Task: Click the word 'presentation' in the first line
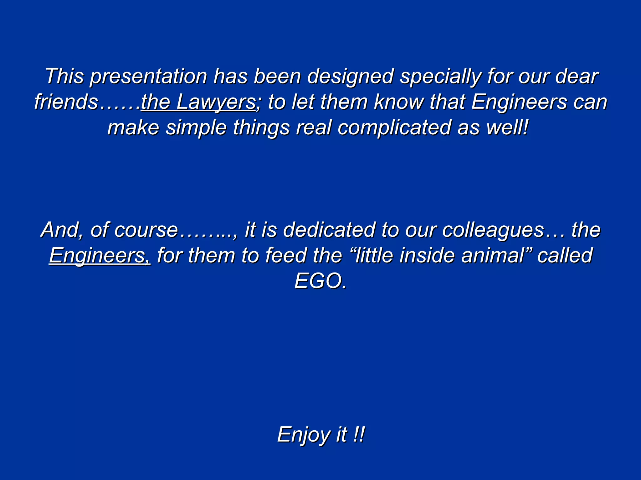(x=148, y=77)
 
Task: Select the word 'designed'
(x=350, y=77)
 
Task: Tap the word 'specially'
(x=440, y=77)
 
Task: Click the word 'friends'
(x=66, y=102)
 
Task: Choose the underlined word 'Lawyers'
(x=216, y=102)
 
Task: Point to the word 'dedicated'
(x=329, y=230)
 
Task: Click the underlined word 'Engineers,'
(x=100, y=256)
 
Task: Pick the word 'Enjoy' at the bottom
(x=303, y=435)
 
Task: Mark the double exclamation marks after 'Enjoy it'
(x=359, y=435)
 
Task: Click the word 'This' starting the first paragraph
(x=64, y=77)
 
